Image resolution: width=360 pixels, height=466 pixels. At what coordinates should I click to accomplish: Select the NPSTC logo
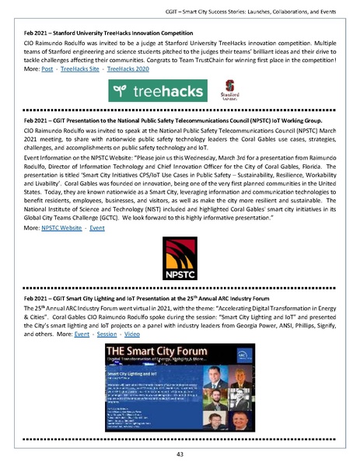click(180, 259)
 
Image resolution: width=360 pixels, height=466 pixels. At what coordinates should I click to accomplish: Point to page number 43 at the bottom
click(180, 454)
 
